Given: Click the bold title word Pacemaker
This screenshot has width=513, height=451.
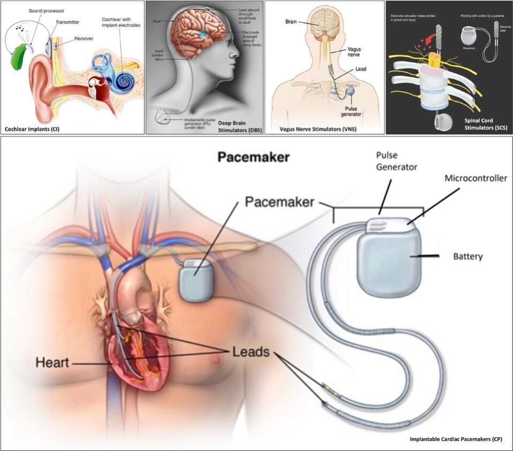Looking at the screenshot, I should point(252,158).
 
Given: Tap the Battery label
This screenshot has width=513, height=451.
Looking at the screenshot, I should point(468,256).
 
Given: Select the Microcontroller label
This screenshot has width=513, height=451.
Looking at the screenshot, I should point(476,178).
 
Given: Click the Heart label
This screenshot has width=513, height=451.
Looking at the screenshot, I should point(52,362).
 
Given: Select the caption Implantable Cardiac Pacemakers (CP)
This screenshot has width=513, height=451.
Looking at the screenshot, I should point(455,439).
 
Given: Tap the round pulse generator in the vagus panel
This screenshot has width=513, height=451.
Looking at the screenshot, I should point(350,92).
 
